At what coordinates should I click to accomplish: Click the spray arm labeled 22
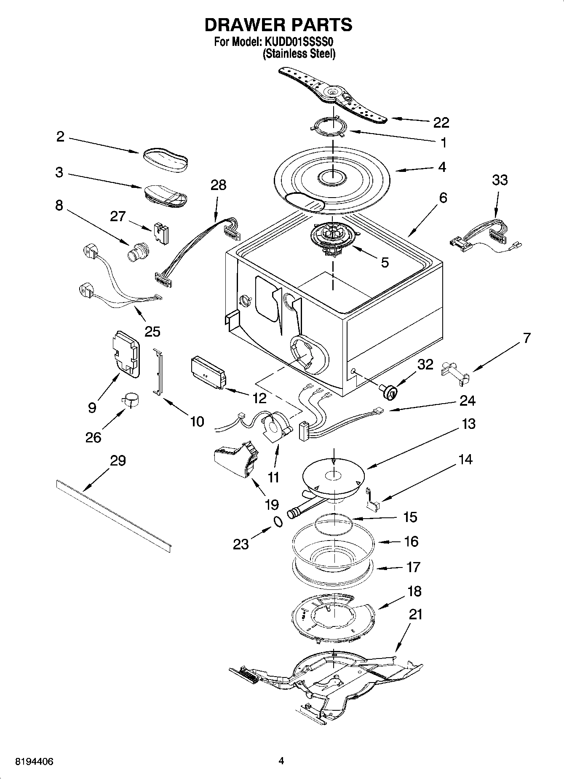tap(333, 96)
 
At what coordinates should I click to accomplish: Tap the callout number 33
tap(500, 180)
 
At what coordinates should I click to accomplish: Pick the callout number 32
tap(425, 364)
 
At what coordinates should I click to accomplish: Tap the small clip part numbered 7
tap(455, 372)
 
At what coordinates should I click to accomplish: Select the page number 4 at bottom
tap(281, 760)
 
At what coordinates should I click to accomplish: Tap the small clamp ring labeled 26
tap(131, 400)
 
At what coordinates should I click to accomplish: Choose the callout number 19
tap(272, 504)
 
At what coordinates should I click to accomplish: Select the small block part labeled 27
tap(161, 233)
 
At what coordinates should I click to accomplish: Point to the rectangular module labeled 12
tap(208, 372)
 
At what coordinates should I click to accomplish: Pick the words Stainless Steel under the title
tap(299, 54)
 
